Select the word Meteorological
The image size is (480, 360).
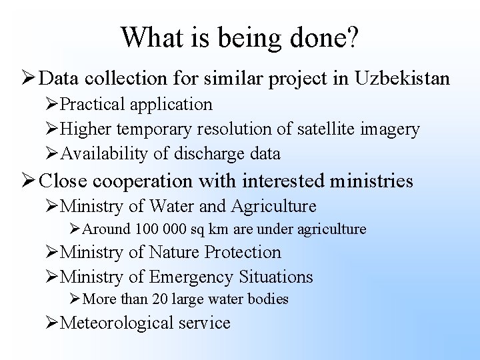click(x=116, y=323)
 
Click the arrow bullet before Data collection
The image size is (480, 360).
click(x=27, y=79)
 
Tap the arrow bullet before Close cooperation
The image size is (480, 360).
click(x=27, y=181)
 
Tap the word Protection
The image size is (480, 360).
click(x=243, y=252)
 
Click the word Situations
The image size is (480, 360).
click(x=275, y=277)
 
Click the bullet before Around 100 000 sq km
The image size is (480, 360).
click(x=73, y=230)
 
